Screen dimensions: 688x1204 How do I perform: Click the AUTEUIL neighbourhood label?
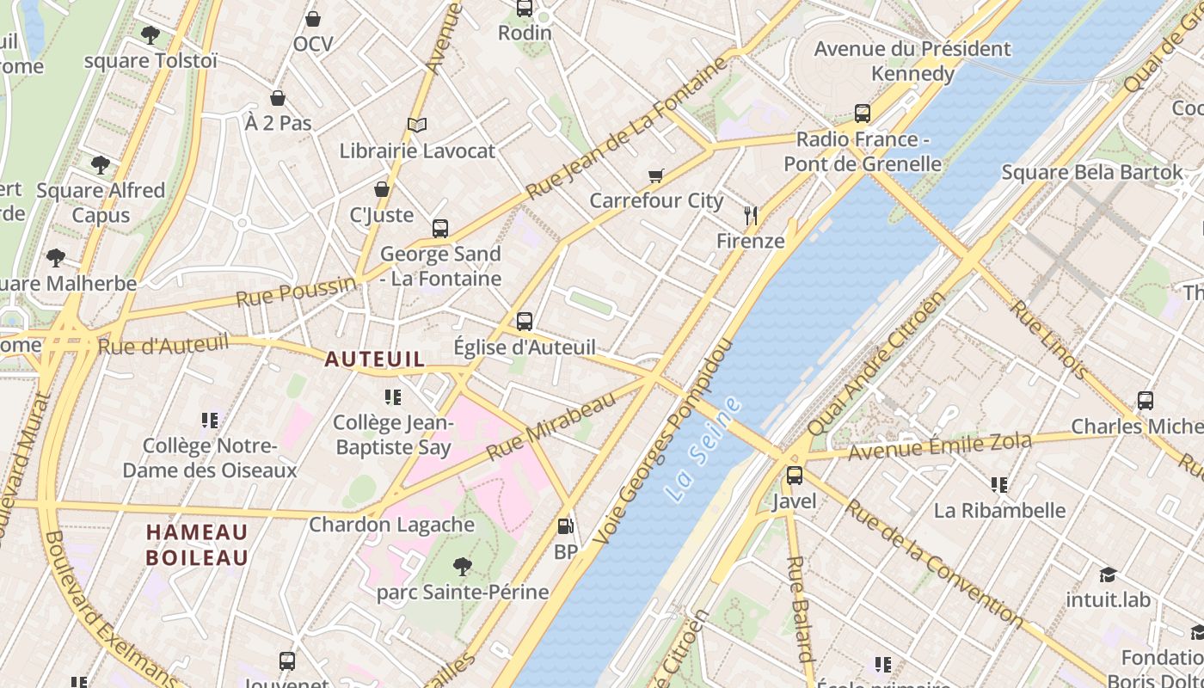[374, 359]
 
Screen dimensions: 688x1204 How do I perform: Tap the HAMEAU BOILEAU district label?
[197, 544]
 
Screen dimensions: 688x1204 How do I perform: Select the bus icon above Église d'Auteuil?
[525, 322]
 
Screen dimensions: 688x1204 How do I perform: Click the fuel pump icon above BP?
[565, 526]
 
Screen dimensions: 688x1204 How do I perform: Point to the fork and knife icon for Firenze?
[751, 215]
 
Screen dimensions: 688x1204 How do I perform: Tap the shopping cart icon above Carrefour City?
[655, 175]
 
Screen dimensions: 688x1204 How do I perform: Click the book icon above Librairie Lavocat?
[417, 126]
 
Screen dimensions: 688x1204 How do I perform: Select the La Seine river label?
[703, 450]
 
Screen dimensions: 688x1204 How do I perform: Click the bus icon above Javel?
[794, 475]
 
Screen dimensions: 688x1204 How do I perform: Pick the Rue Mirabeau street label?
[551, 426]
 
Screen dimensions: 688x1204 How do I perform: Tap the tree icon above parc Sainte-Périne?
[463, 566]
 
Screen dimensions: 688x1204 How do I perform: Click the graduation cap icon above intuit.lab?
[1108, 574]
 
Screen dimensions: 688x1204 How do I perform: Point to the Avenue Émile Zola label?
[939, 447]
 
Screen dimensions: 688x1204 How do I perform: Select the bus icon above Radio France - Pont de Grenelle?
[862, 114]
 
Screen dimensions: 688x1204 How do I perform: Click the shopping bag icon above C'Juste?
[382, 189]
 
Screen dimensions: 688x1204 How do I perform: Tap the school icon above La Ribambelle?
[998, 485]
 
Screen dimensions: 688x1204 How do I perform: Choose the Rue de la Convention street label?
[933, 563]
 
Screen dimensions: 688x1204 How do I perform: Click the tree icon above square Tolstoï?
[150, 35]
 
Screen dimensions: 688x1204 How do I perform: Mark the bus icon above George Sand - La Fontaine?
[440, 228]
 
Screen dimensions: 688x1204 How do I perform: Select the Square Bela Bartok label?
[1092, 172]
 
